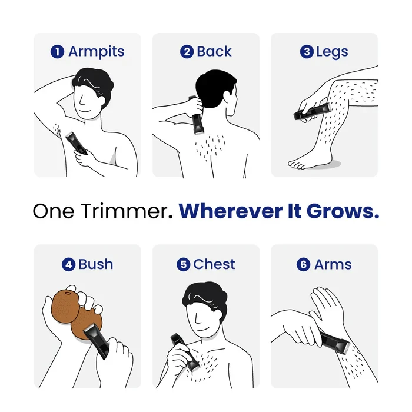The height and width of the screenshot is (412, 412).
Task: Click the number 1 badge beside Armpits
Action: pyautogui.click(x=58, y=52)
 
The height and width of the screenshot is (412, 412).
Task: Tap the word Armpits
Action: pyautogui.click(x=96, y=52)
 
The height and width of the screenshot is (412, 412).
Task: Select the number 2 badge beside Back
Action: pyautogui.click(x=187, y=52)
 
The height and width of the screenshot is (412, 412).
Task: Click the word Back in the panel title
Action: pyautogui.click(x=214, y=52)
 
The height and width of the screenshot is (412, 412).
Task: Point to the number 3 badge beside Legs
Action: pyautogui.click(x=306, y=52)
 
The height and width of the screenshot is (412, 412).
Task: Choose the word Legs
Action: pyautogui.click(x=332, y=52)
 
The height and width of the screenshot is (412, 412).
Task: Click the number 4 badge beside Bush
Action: pyautogui.click(x=68, y=264)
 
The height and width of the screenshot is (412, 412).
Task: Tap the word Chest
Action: pyautogui.click(x=214, y=264)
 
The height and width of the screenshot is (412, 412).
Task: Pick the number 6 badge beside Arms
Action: pyautogui.click(x=304, y=264)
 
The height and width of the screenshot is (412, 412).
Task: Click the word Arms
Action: pyautogui.click(x=333, y=264)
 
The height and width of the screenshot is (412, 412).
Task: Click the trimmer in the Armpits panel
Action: pyautogui.click(x=77, y=143)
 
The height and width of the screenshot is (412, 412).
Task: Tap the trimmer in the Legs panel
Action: pyautogui.click(x=313, y=112)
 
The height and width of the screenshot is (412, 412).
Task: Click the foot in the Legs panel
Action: pyautogui.click(x=306, y=158)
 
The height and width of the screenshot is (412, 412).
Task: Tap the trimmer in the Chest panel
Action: pyautogui.click(x=184, y=351)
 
